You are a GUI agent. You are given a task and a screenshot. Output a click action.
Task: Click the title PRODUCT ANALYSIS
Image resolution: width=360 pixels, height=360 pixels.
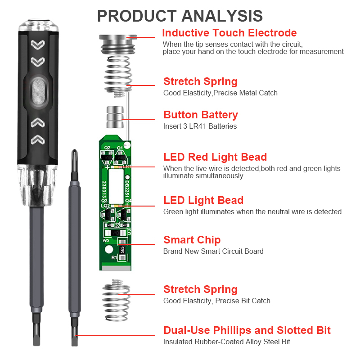[180, 15]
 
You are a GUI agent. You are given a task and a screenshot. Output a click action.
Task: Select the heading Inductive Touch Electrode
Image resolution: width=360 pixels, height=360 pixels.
[229, 33]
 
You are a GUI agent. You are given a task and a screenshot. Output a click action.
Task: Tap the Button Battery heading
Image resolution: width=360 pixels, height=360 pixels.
[200, 115]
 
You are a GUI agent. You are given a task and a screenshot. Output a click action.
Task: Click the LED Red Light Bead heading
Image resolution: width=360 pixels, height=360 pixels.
[215, 157]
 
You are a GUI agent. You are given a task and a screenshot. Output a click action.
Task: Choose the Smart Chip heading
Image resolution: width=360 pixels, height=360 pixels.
[192, 240]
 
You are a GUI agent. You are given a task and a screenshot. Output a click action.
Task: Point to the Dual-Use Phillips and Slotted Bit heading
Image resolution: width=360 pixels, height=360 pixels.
[247, 330]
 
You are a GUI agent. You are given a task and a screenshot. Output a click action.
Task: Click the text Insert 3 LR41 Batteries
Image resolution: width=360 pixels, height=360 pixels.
[200, 126]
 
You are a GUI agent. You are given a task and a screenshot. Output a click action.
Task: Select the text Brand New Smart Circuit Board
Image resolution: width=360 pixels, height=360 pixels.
[213, 252]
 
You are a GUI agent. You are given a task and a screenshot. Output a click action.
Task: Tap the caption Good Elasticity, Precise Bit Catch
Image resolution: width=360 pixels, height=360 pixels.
[216, 301]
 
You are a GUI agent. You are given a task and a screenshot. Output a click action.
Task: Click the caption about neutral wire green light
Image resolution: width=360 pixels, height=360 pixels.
[252, 212]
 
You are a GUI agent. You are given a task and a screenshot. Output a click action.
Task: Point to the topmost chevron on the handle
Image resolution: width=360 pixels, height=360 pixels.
[38, 45]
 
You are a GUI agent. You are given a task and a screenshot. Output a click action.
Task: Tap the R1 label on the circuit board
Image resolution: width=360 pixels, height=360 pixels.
[114, 257]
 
